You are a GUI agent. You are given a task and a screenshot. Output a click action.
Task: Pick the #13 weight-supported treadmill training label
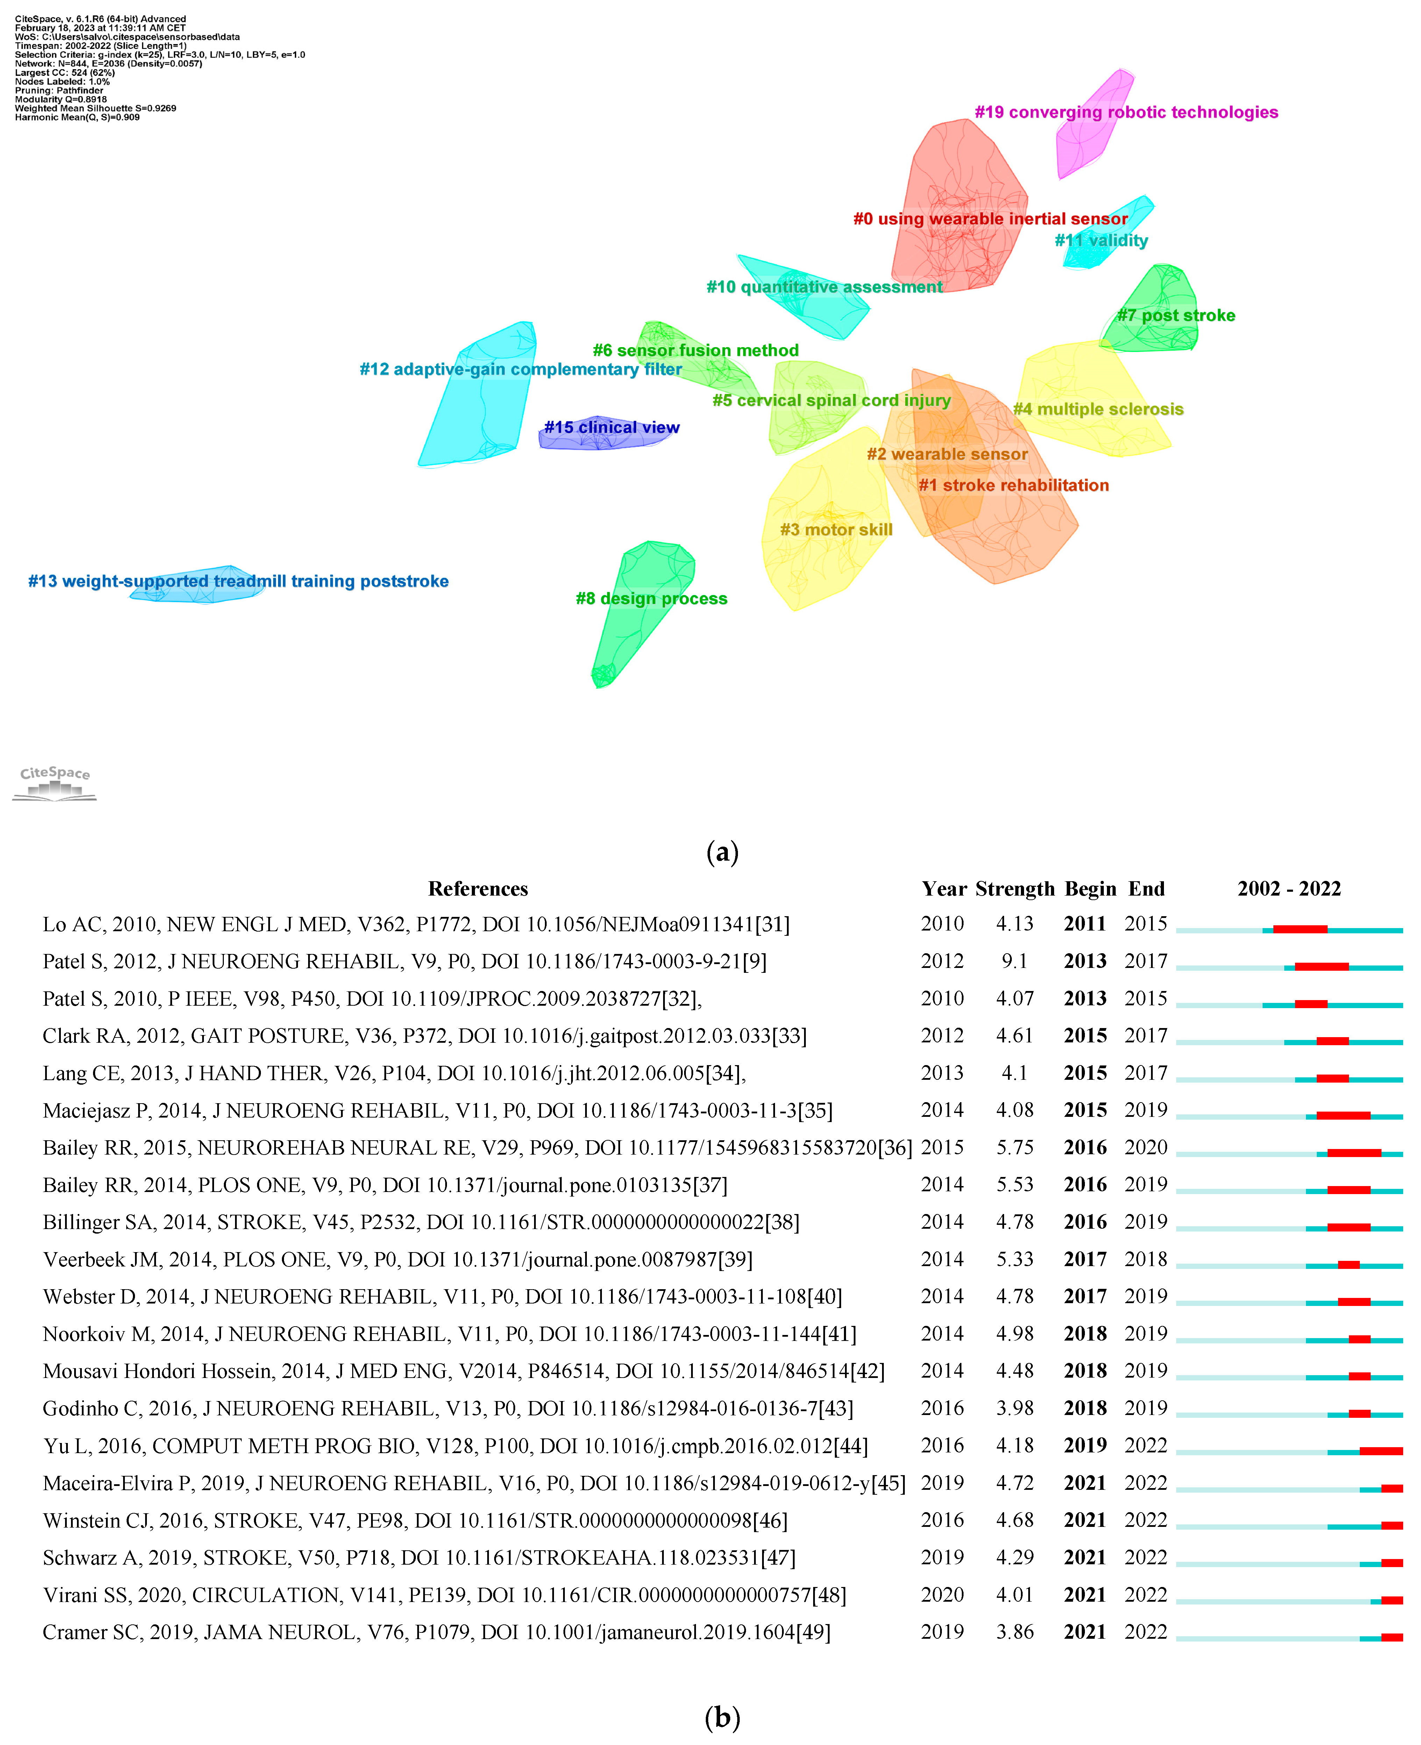(x=238, y=582)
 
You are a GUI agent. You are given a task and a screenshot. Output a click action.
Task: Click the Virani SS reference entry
(x=444, y=1595)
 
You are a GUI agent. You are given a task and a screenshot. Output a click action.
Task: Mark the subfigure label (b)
(x=722, y=1716)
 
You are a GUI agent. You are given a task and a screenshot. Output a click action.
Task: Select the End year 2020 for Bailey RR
(x=1145, y=1148)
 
